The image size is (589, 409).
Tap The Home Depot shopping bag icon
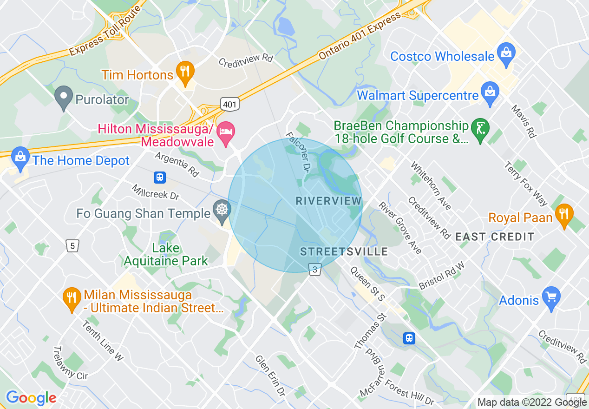click(x=20, y=158)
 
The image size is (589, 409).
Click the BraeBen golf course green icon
click(x=479, y=128)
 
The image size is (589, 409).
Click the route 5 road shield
click(x=72, y=245)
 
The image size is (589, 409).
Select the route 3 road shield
click(x=315, y=269)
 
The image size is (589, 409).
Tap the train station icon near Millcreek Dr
click(x=160, y=178)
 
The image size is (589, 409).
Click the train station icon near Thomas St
click(x=409, y=338)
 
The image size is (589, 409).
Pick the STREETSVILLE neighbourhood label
click(x=344, y=252)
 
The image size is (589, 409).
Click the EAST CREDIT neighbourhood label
click(x=495, y=237)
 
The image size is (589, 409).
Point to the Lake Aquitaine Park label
click(x=166, y=254)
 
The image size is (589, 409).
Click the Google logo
click(x=31, y=398)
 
